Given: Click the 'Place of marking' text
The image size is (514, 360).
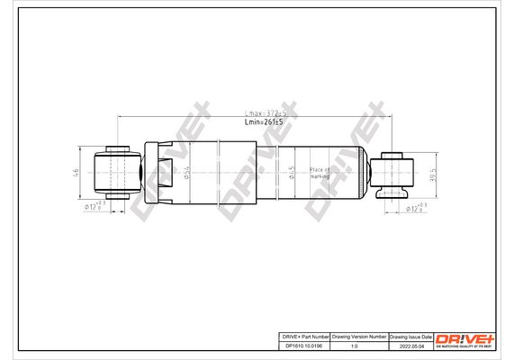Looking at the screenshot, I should pyautogui.click(x=320, y=173).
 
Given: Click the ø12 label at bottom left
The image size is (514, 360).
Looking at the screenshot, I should pyautogui.click(x=95, y=206).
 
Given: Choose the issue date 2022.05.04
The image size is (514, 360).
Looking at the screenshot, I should pyautogui.click(x=410, y=344).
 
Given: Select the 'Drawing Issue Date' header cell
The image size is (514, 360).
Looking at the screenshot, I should pyautogui.click(x=410, y=334).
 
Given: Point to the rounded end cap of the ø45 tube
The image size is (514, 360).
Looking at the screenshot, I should pyautogui.click(x=364, y=169).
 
